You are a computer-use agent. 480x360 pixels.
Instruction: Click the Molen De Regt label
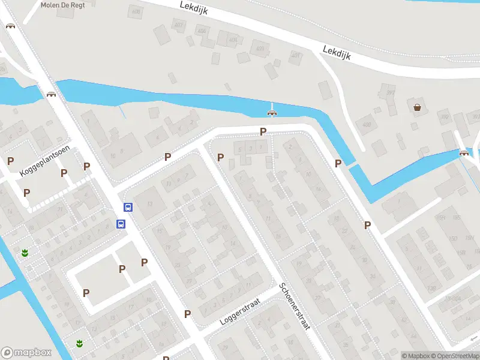click(58, 5)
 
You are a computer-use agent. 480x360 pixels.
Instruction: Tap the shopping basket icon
click(417, 107)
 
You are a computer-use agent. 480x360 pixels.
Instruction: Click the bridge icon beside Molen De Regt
click(10, 26)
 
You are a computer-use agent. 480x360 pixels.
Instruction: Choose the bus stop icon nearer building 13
click(128, 208)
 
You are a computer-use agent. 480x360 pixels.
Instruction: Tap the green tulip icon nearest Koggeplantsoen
click(25, 253)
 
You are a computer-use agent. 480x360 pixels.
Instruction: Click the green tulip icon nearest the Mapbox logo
click(79, 343)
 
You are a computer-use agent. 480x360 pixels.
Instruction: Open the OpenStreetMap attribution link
click(455, 356)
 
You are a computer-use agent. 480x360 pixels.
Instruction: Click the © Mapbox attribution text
click(415, 356)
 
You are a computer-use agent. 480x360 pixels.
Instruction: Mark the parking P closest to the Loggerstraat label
click(188, 314)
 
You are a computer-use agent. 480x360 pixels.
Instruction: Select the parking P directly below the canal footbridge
click(263, 132)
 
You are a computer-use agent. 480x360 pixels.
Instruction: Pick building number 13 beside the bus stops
click(150, 203)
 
